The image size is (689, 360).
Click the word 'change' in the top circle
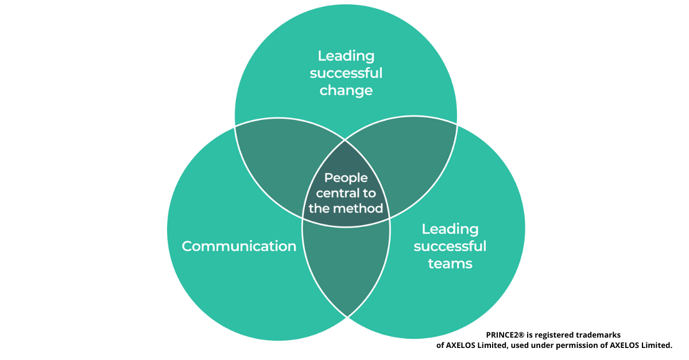click(346, 91)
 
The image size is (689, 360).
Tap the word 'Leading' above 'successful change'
click(346, 56)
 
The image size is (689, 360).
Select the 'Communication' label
click(239, 246)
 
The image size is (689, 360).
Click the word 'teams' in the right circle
click(450, 264)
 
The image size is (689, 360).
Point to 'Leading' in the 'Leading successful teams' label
click(450, 229)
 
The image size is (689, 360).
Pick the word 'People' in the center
click(346, 178)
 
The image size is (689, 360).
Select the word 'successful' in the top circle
click(346, 73)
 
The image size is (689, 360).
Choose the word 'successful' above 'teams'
click(450, 246)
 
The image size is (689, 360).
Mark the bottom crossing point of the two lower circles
click(347, 316)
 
